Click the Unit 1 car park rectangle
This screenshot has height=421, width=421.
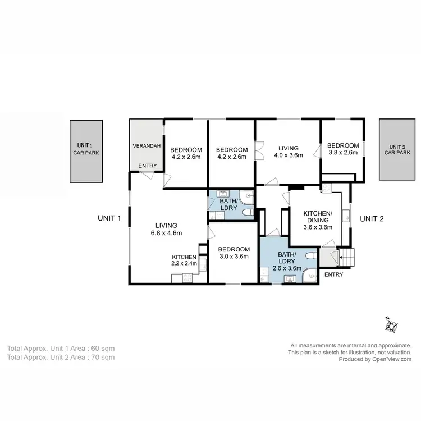point(86,151)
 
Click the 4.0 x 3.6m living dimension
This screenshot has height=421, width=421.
point(288,155)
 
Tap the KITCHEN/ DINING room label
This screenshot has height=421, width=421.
point(318,217)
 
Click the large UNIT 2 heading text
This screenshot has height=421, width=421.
point(371,218)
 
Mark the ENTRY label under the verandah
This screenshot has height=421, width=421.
point(147,165)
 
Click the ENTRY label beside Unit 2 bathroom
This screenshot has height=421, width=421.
point(333,274)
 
